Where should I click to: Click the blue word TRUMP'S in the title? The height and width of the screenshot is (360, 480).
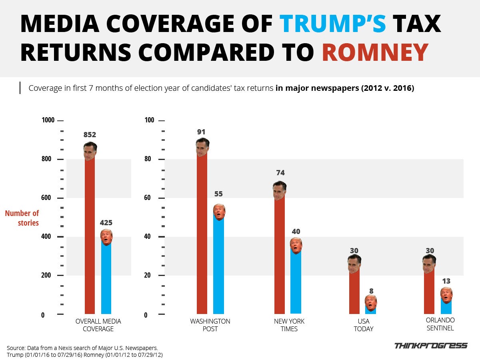(332, 24)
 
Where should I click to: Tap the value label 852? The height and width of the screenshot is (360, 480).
(90, 135)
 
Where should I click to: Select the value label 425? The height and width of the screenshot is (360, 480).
(106, 222)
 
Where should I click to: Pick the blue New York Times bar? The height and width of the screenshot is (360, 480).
(296, 284)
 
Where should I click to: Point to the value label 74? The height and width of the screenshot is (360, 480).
(280, 173)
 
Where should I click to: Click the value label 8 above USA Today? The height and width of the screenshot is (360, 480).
(371, 291)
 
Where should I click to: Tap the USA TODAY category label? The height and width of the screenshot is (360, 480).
(363, 325)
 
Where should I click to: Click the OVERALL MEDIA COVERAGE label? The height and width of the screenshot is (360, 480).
(98, 325)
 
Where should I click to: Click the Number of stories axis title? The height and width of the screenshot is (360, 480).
(22, 218)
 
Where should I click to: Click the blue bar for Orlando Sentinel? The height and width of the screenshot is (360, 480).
(446, 307)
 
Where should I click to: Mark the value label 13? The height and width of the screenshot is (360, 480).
(446, 281)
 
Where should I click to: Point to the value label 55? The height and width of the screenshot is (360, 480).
(218, 194)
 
